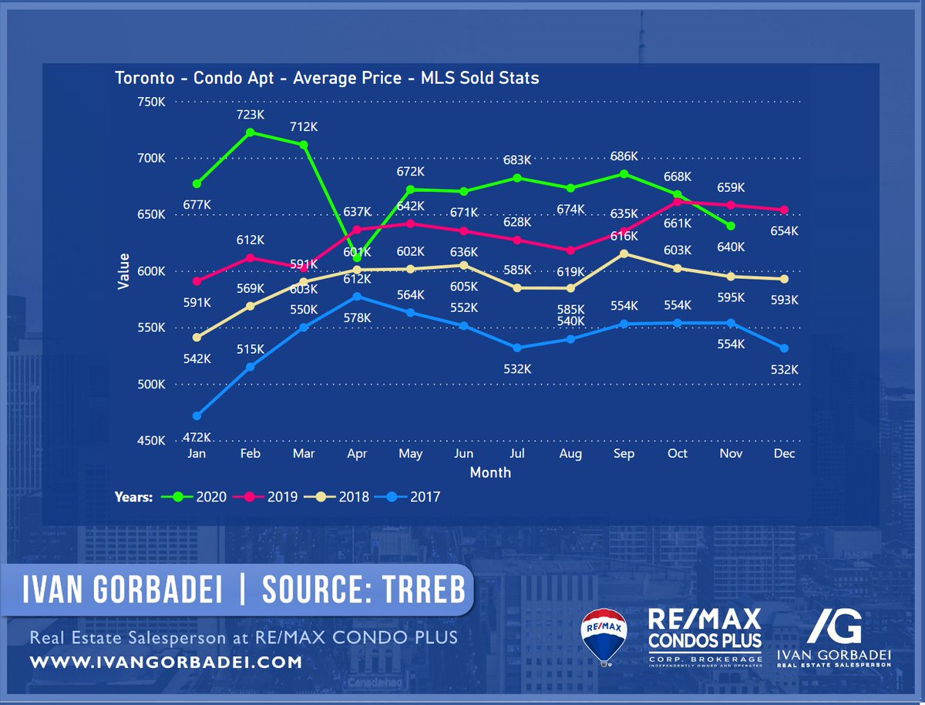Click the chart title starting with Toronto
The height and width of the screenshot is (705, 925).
326,79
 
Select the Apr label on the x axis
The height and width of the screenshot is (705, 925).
356,455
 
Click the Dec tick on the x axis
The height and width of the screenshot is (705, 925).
785,455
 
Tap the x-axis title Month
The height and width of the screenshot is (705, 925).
490,472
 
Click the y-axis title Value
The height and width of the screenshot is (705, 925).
123,271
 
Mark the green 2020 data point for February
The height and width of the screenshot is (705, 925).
250,133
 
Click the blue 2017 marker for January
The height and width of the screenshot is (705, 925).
197,416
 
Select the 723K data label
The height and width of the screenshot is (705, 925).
251,114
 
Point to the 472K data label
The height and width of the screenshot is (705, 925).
197,437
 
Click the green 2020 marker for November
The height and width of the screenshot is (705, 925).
731,226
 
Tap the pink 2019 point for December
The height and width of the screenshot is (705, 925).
784,210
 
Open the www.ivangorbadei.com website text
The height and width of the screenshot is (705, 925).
166,662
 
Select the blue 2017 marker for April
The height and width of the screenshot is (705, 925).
356,297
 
